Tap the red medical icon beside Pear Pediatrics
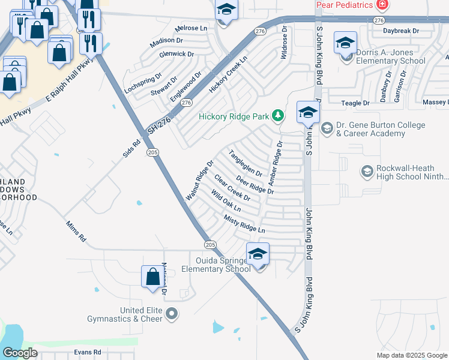[x=382, y=5]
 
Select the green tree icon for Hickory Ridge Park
[x=278, y=115]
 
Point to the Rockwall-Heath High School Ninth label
[x=411, y=173]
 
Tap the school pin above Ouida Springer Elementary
[x=258, y=254]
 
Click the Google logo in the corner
[x=20, y=353]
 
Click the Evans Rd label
[x=88, y=352]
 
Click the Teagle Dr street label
[x=355, y=103]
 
